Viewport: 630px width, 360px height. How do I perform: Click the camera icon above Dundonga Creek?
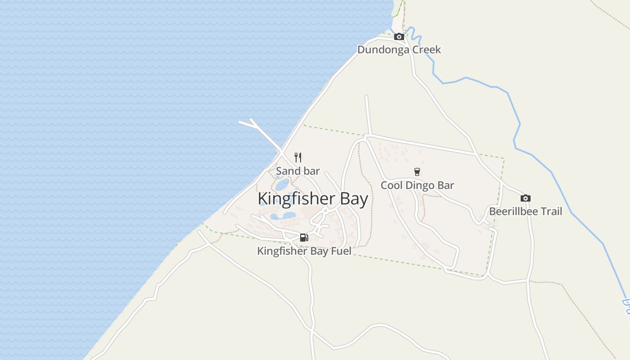399,37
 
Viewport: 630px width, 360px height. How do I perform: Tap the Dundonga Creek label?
399,49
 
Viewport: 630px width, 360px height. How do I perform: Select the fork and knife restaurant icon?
297,157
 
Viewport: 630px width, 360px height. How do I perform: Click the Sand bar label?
297,171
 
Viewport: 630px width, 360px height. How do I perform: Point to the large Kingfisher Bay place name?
313,199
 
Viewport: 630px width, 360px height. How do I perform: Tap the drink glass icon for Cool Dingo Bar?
417,171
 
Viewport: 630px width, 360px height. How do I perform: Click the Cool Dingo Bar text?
417,185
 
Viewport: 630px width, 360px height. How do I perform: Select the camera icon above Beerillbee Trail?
525,198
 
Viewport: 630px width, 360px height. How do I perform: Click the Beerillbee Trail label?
526,211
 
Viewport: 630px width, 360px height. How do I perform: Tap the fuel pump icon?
304,238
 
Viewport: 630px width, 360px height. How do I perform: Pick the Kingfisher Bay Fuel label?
304,251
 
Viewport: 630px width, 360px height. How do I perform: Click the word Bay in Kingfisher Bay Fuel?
319,251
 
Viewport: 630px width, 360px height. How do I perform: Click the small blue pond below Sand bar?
282,184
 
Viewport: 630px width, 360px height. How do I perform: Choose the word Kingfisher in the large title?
292,199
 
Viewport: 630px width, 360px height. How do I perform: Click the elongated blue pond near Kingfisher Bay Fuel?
283,216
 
